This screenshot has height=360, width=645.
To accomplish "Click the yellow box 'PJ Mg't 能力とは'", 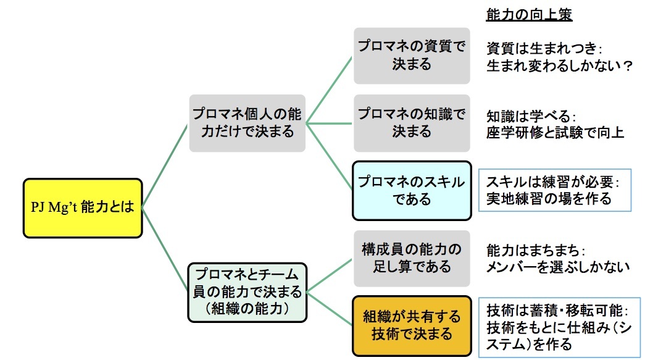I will pos(83,208).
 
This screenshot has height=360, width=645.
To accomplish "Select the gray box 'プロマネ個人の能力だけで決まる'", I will pos(247,123).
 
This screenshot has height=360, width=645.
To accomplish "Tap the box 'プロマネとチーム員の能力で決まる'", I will pos(247,291).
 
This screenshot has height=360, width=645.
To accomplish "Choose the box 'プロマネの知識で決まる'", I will pos(412,123).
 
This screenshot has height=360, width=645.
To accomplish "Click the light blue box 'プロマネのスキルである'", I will pos(412,191).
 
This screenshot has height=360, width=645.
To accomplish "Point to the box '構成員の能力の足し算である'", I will pos(412,258).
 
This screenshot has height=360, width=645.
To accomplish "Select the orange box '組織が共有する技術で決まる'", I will pos(412,325).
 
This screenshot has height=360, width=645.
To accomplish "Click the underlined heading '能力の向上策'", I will pos(530,14).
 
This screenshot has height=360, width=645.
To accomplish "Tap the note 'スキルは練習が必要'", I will pos(552,183).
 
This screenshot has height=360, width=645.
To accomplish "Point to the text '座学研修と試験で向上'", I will pos(556,132).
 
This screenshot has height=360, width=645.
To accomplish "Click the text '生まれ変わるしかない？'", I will pos(560,65).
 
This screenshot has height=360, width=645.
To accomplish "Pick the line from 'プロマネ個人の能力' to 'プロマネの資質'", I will pos(330,89).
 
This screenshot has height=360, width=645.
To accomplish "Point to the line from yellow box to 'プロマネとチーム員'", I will pos(165,249).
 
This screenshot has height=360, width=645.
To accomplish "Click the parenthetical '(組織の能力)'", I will pos(247,307).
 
